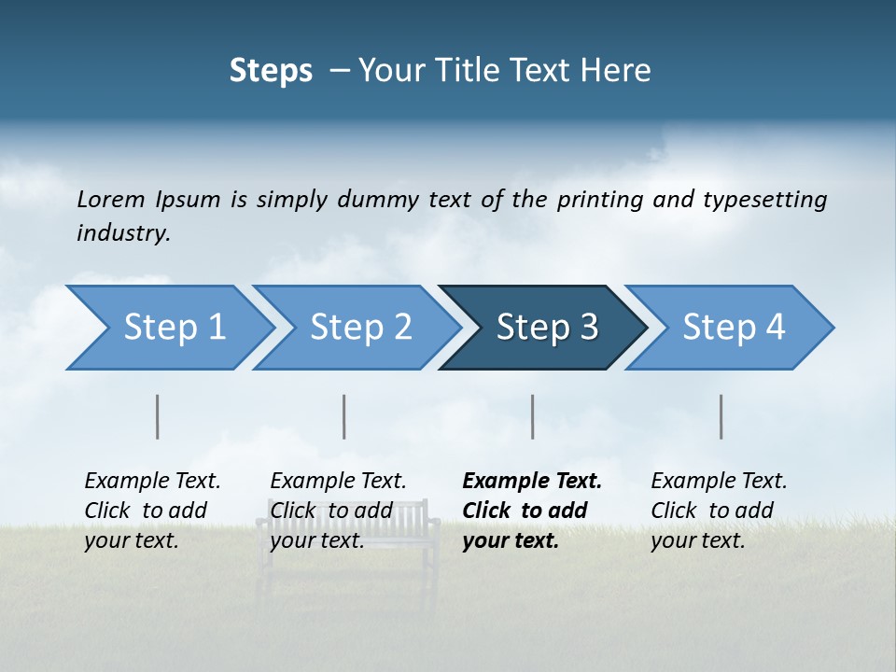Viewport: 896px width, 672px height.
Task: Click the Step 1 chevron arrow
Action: click(168, 328)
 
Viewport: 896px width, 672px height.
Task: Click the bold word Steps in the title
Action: click(271, 70)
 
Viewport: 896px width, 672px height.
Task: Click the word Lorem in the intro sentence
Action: click(111, 199)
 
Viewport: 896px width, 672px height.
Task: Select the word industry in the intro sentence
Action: click(123, 232)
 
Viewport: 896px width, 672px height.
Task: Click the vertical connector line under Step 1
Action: click(158, 416)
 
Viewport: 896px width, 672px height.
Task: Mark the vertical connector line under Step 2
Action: click(344, 416)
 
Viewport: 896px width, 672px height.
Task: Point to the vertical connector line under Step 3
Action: click(533, 416)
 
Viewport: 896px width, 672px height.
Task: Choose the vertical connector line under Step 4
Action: click(721, 416)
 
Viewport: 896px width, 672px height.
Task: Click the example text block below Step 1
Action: click(152, 511)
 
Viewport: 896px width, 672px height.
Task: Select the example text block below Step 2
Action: click(338, 511)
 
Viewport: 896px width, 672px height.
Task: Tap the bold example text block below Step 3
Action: click(532, 511)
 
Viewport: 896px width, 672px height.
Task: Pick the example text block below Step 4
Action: click(719, 511)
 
